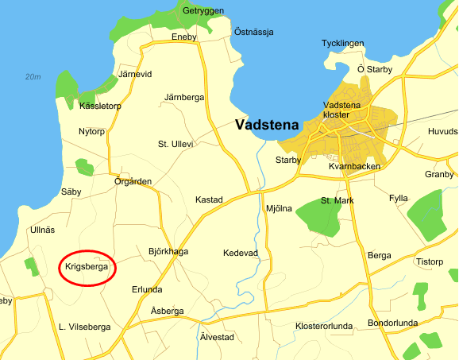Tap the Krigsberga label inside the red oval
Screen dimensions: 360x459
(88, 268)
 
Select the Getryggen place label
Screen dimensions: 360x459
(202, 11)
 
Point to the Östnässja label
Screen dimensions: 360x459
(253, 32)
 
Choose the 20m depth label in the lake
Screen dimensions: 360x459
(33, 77)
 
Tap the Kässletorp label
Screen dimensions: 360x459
(100, 106)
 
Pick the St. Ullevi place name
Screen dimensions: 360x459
(175, 144)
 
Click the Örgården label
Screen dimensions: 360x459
(133, 181)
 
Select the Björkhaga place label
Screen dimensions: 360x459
(168, 252)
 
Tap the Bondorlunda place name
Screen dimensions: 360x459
(392, 323)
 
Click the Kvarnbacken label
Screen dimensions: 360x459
(354, 166)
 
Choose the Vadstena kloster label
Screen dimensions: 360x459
(342, 110)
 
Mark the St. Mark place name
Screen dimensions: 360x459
(337, 200)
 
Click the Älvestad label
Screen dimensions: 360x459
(217, 337)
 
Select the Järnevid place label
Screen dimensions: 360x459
(134, 74)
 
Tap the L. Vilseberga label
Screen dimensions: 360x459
(85, 327)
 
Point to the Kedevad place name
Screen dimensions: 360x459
(241, 253)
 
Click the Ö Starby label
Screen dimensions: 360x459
(375, 69)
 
